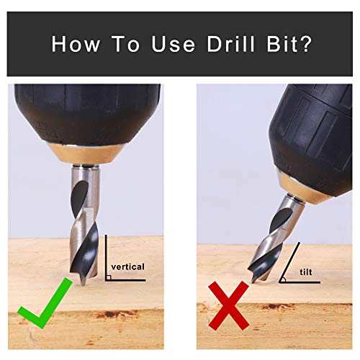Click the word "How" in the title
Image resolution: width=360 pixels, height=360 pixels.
click(x=75, y=45)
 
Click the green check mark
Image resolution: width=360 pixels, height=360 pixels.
click(x=45, y=314)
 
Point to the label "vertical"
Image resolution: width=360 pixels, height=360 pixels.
click(x=129, y=266)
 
